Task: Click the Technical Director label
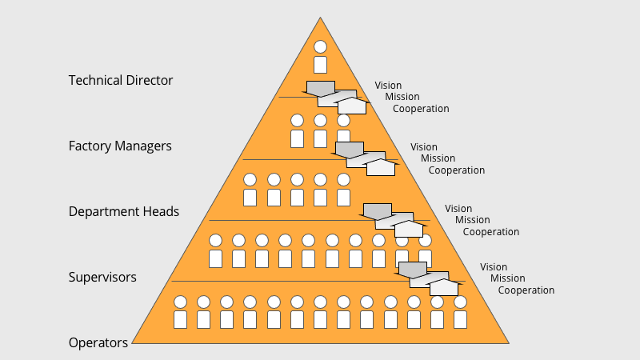[x=121, y=80]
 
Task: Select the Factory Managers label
[x=120, y=146]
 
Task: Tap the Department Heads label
[x=124, y=211]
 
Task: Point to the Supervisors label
[x=102, y=277]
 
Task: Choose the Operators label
[x=98, y=343]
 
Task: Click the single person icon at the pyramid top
[x=321, y=57]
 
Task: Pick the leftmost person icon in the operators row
[x=181, y=312]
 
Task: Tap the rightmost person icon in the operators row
[x=461, y=312]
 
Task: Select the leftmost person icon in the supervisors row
[x=215, y=250]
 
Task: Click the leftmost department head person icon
[x=250, y=190]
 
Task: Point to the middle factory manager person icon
[x=321, y=130]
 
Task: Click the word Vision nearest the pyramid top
[x=388, y=86]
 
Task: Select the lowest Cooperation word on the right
[x=526, y=290]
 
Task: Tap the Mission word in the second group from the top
[x=438, y=158]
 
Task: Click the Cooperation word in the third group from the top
[x=491, y=232]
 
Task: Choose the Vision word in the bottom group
[x=494, y=267]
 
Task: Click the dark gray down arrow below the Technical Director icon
[x=321, y=89]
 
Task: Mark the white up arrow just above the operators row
[x=444, y=287]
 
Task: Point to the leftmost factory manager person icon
[x=297, y=130]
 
